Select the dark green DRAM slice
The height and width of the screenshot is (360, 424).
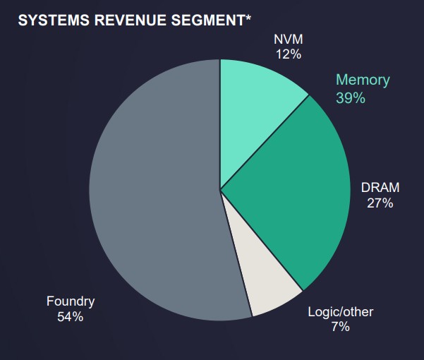coord(296,198)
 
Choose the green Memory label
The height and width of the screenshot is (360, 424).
coord(362,80)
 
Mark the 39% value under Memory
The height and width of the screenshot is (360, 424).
coord(351,98)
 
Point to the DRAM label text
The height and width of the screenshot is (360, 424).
coord(380,188)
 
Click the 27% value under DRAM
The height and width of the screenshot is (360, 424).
coord(380,203)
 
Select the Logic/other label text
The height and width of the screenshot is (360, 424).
coord(341,311)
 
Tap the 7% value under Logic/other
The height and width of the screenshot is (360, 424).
coord(340,326)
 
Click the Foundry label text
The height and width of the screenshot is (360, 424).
coord(71,301)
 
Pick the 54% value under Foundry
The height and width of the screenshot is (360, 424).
coord(71,317)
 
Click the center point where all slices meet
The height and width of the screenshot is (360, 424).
coord(220,189)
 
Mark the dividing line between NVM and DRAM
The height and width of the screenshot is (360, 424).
coord(265,142)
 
